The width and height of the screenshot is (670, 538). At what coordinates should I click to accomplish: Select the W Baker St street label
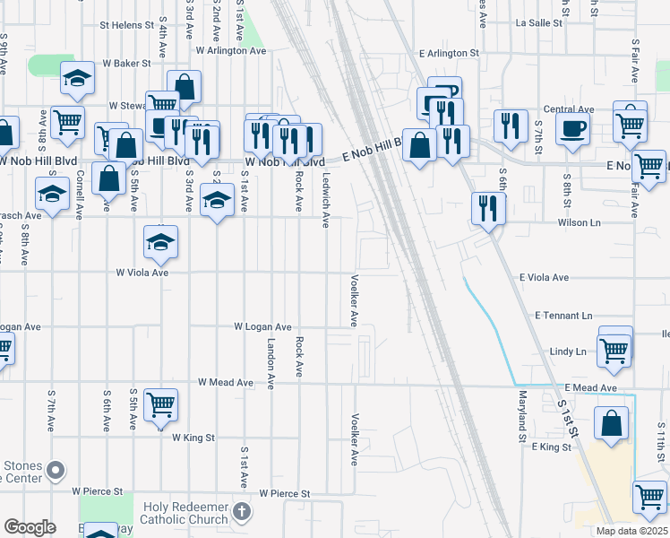click(125, 64)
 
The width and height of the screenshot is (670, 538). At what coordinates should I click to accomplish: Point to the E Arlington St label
click(449, 54)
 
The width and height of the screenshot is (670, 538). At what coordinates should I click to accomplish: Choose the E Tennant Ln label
click(563, 316)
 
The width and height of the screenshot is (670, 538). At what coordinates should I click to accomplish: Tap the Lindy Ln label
click(569, 351)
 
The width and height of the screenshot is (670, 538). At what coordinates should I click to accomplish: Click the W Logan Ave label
click(263, 327)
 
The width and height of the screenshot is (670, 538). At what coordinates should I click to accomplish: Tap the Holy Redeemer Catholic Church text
click(187, 512)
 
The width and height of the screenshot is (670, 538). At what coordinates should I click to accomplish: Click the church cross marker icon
click(240, 512)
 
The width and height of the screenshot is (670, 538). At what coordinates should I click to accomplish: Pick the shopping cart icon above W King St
click(160, 404)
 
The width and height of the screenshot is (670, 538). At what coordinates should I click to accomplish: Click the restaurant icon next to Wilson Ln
click(488, 207)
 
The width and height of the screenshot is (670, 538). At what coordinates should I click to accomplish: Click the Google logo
click(29, 527)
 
